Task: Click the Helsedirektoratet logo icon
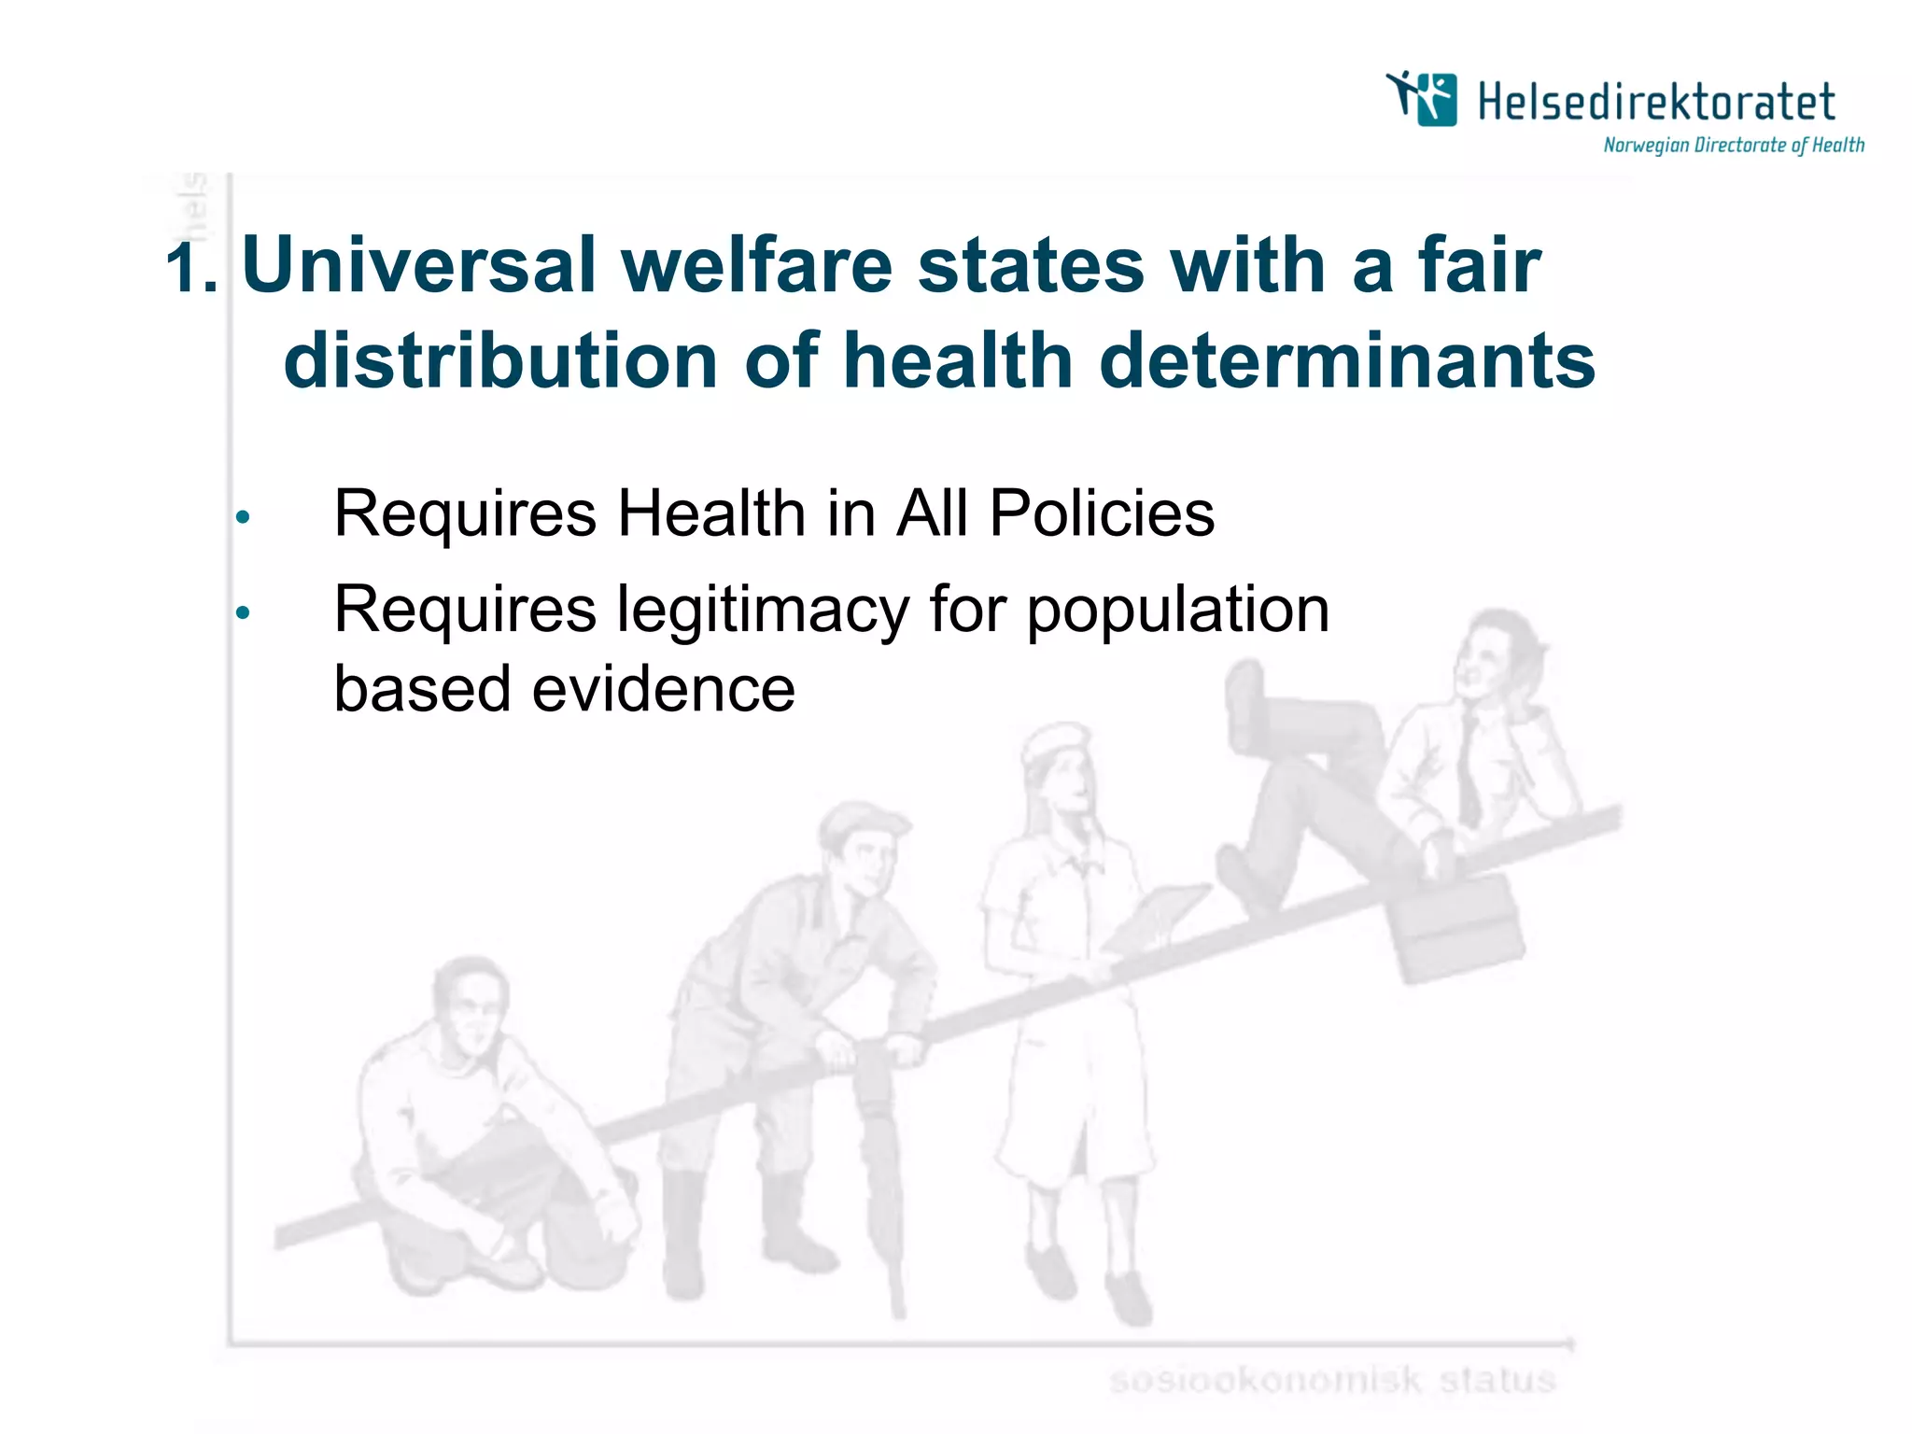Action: point(1422,98)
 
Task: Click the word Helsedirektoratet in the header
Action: point(1656,102)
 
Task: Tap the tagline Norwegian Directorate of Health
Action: point(1734,146)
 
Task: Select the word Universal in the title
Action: point(418,265)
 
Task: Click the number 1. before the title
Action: point(191,268)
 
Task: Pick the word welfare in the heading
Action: point(757,265)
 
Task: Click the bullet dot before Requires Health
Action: point(243,517)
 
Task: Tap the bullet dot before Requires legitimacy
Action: point(243,613)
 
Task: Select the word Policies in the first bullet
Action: point(1102,513)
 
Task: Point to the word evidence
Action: point(663,689)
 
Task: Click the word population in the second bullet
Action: point(1178,611)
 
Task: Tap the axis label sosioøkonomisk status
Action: point(1332,1380)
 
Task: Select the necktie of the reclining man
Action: point(1469,770)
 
